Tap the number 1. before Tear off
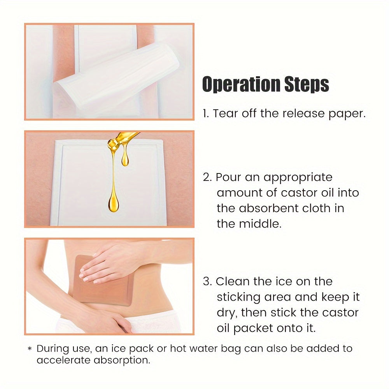point(206,114)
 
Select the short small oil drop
point(125,157)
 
